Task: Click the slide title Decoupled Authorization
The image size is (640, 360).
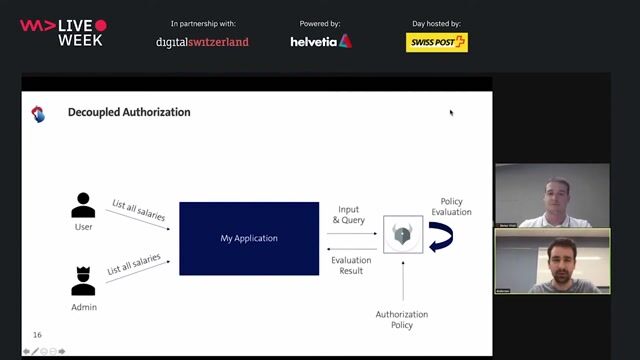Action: click(x=128, y=112)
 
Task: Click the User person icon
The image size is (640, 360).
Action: click(x=84, y=205)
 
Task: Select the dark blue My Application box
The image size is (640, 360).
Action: click(x=249, y=238)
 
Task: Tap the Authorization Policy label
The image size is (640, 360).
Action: click(x=402, y=320)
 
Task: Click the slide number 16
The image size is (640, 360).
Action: click(x=37, y=335)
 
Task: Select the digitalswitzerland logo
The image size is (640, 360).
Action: click(x=202, y=42)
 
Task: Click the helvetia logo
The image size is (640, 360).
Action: click(x=320, y=41)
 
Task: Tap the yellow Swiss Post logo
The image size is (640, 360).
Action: click(x=437, y=42)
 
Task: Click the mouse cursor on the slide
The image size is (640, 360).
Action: click(x=451, y=112)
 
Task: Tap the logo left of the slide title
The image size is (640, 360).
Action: click(x=38, y=113)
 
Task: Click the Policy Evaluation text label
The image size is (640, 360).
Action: click(x=450, y=207)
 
